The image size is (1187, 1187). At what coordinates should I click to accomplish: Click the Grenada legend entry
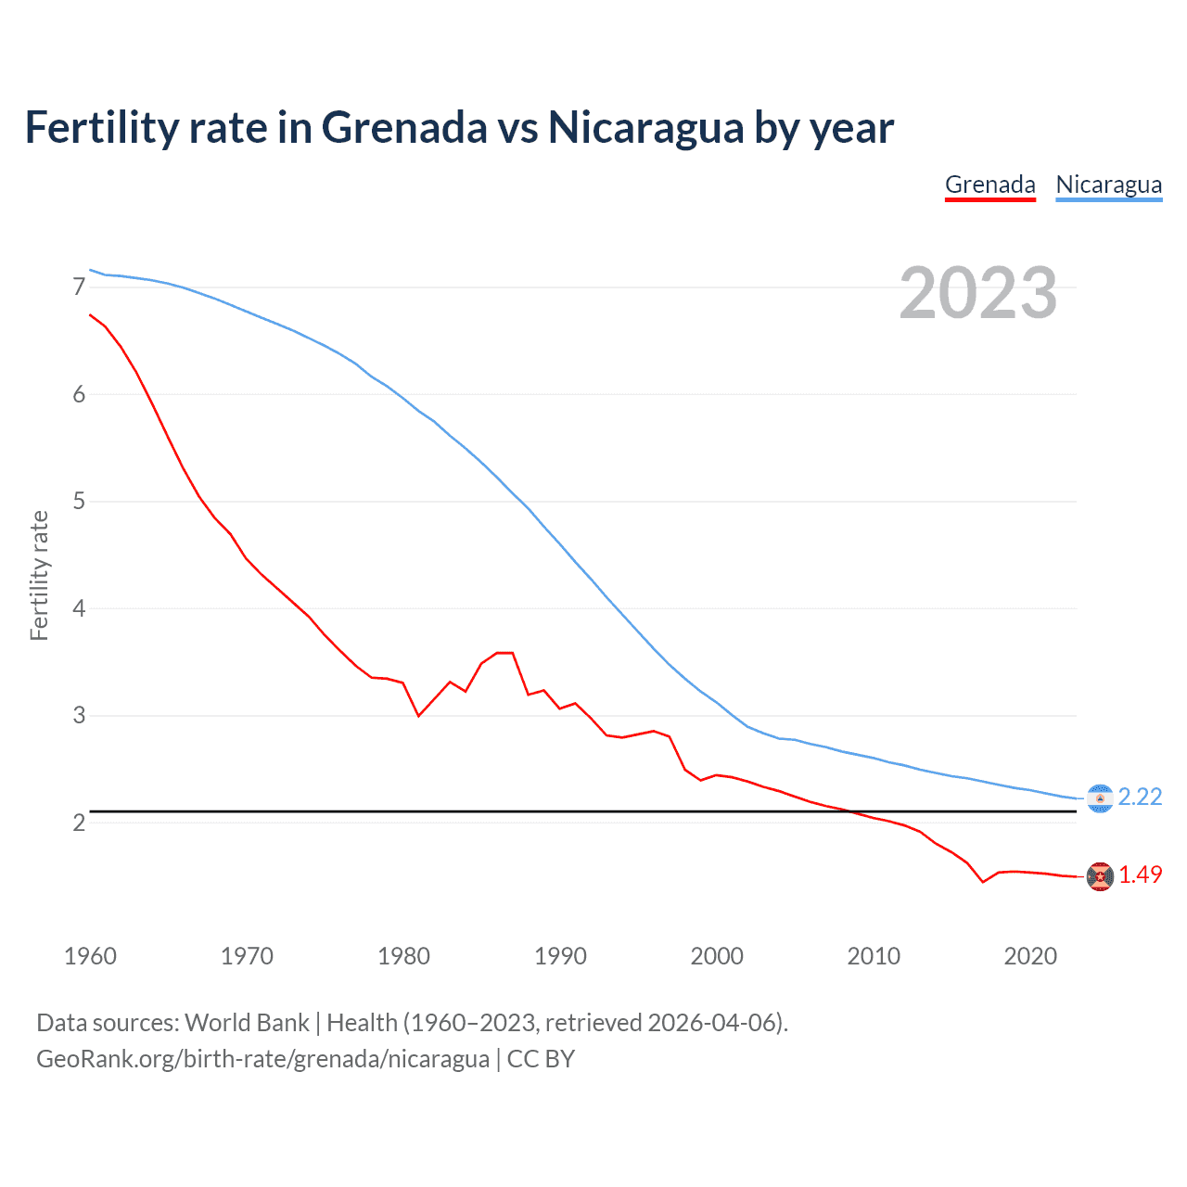coord(989,185)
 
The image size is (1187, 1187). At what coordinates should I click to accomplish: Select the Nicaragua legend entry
coord(1108,185)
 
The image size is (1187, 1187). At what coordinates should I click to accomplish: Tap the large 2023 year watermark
coord(977,293)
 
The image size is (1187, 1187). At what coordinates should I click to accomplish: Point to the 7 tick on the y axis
coord(79,287)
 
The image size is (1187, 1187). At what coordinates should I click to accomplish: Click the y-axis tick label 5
coord(79,502)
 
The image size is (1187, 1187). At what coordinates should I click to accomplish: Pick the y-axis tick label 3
coord(79,716)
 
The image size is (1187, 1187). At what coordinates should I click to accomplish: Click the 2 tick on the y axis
coord(79,823)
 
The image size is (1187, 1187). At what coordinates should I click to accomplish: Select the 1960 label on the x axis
coord(90,956)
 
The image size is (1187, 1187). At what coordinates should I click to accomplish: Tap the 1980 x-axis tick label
coord(403,956)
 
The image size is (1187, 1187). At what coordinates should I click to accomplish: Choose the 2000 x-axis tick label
coord(717,956)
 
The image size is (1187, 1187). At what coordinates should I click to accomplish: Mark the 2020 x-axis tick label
coord(1030,956)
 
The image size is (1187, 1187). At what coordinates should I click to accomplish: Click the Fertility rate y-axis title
coord(39,575)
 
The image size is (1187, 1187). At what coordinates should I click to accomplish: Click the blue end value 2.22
coord(1140,798)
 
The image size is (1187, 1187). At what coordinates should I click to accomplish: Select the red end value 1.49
coord(1140,874)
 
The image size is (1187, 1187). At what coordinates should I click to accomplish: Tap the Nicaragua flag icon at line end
coord(1100,798)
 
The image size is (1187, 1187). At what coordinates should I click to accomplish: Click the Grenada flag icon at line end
coord(1100,876)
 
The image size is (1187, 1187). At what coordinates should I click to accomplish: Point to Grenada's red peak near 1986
coord(504,653)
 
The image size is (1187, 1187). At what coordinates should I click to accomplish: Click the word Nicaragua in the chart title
coord(645,127)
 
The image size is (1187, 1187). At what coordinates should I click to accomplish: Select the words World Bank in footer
coord(247,1023)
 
